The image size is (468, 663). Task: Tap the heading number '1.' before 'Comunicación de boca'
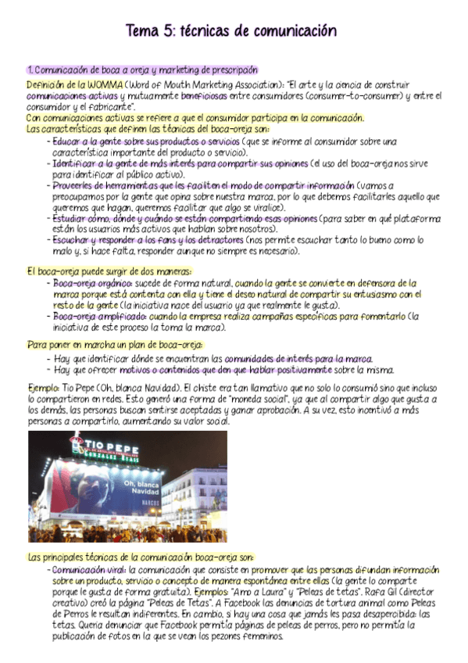coord(30,70)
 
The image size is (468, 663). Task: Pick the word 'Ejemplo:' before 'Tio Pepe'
coord(43,388)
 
